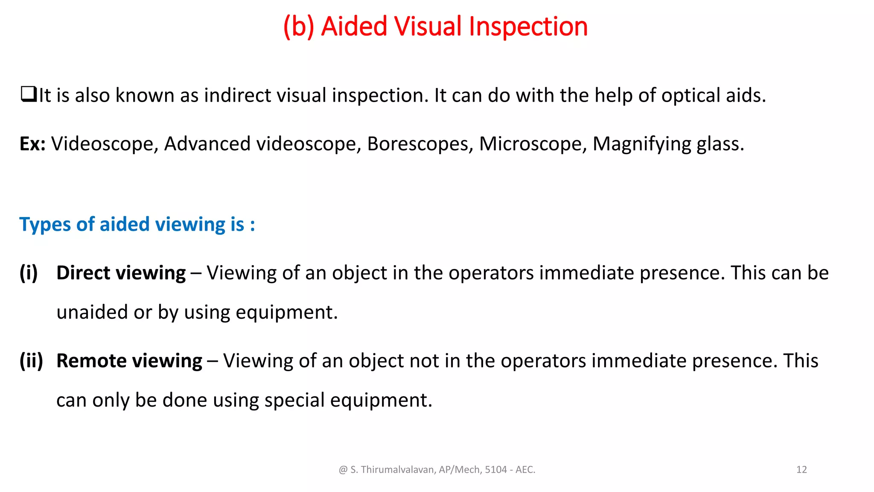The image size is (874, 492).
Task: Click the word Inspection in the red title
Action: point(528,26)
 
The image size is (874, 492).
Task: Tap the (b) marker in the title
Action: point(299,26)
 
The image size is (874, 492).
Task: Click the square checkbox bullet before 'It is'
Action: point(28,94)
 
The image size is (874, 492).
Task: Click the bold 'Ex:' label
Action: point(32,144)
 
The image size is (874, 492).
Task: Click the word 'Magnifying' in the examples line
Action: point(641,144)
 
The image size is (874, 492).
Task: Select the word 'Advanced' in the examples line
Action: point(207,144)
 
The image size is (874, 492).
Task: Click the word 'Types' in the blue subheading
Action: point(45,225)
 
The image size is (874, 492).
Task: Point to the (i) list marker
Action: point(29,273)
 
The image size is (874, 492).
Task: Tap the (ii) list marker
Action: point(31,361)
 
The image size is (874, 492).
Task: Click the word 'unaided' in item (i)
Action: point(92,312)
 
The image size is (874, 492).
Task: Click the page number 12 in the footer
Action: point(801,470)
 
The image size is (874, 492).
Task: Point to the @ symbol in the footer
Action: point(343,470)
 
